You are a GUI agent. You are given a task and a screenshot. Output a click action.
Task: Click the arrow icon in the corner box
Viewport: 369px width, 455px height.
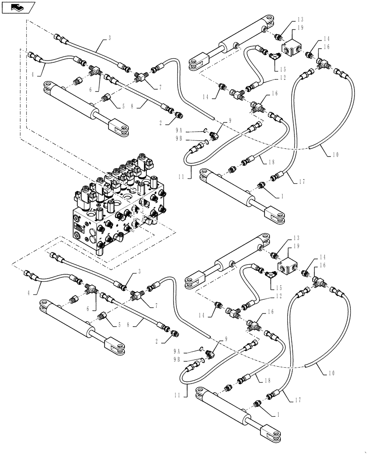pos(18,7)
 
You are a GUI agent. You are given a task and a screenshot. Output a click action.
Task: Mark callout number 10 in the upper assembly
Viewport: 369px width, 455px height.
pos(335,155)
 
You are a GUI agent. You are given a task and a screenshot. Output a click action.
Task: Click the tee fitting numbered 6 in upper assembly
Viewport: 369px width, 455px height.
pos(95,70)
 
